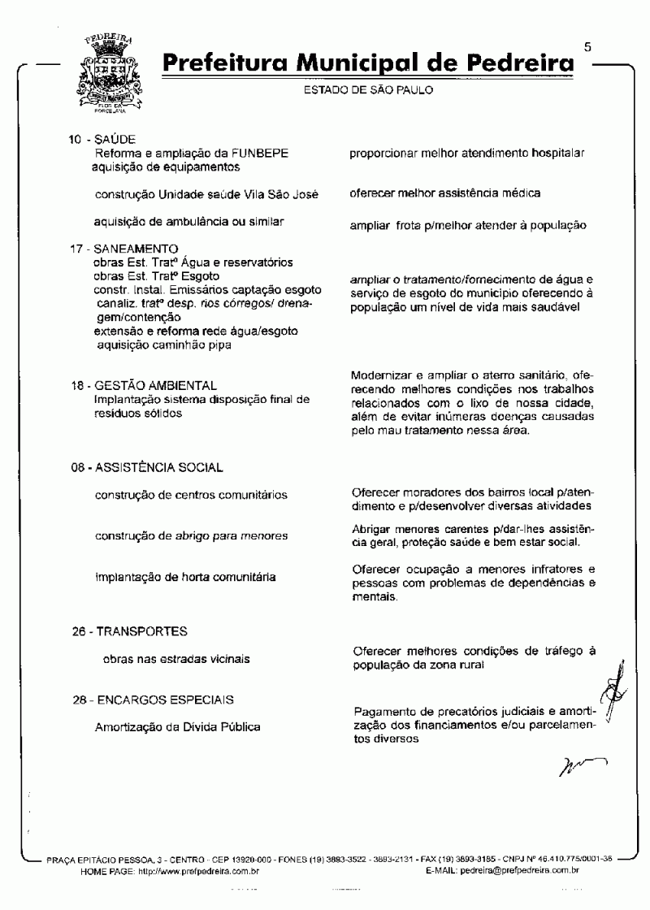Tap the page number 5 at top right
click(587, 46)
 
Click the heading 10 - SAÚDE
click(102, 140)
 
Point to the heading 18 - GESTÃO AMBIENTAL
click(144, 386)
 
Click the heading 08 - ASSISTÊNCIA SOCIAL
click(146, 468)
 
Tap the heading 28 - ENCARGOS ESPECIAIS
click(153, 700)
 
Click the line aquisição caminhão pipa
click(163, 345)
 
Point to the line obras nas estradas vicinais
click(176, 659)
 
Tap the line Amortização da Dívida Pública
click(177, 727)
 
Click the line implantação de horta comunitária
click(185, 577)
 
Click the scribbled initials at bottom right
click(582, 765)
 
